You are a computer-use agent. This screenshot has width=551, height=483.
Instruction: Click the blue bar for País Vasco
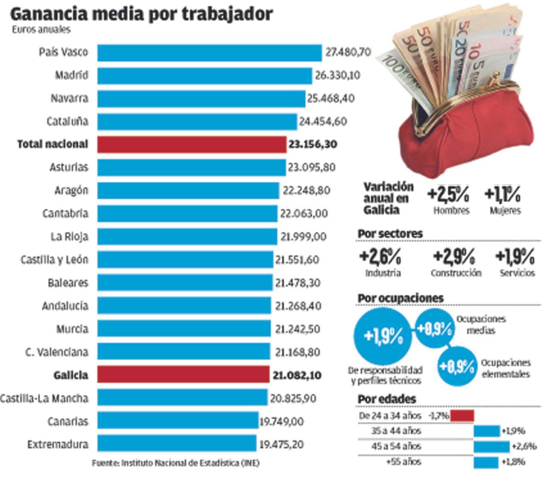click(209, 53)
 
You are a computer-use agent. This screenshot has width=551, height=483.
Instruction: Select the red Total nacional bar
click(192, 145)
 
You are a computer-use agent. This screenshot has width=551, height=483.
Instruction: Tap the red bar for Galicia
click(184, 375)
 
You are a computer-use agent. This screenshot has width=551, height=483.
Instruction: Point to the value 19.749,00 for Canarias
click(281, 421)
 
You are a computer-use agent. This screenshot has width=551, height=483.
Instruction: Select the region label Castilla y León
click(54, 260)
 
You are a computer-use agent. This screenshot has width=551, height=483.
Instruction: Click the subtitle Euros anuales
click(41, 30)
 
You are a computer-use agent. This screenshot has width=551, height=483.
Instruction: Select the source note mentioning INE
click(175, 463)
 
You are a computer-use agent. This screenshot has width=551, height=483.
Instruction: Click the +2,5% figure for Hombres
click(448, 195)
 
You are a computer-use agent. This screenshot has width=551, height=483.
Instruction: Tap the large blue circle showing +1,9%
click(383, 337)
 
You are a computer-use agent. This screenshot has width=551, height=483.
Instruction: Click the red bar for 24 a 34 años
click(461, 416)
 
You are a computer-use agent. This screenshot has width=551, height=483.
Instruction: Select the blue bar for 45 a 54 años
click(491, 446)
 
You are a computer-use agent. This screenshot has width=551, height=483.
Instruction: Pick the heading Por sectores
click(390, 234)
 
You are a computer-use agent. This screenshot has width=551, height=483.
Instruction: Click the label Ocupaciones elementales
click(505, 369)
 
